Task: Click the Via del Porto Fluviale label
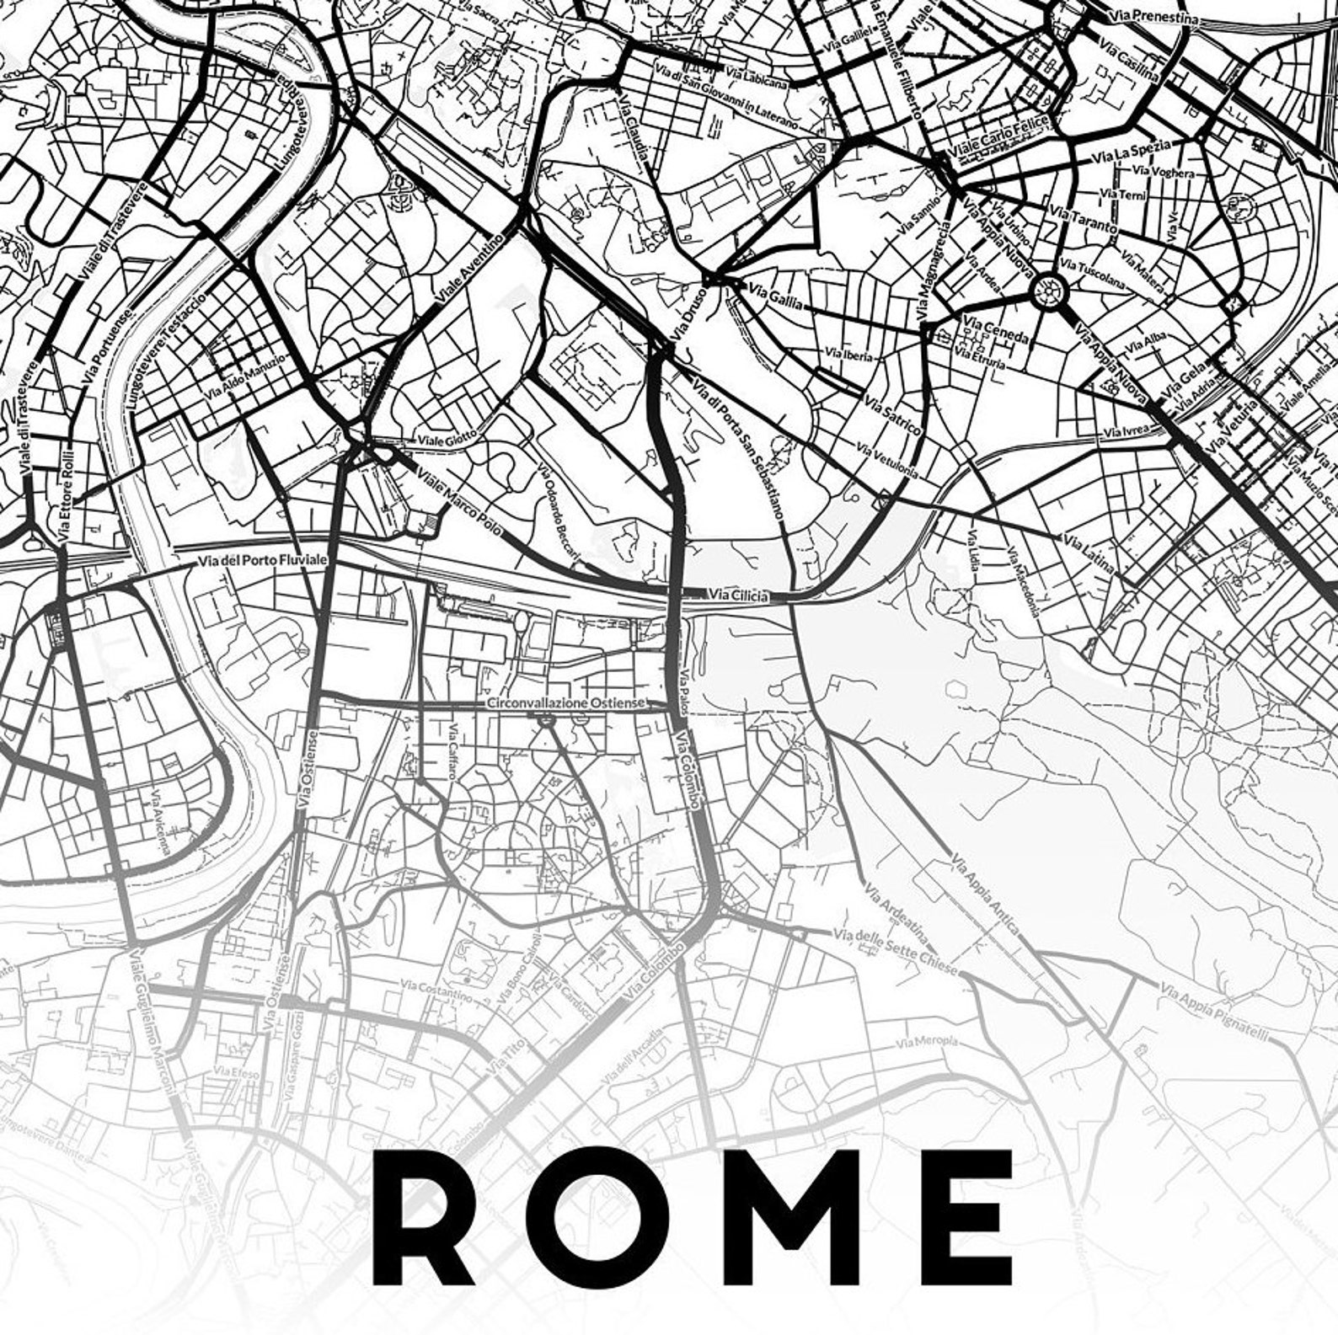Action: pos(262,560)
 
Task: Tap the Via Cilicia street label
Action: pos(739,595)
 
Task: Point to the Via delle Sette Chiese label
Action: pos(895,951)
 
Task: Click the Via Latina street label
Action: pos(1089,553)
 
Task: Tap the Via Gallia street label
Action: pos(775,295)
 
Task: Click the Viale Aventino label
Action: pos(470,269)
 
